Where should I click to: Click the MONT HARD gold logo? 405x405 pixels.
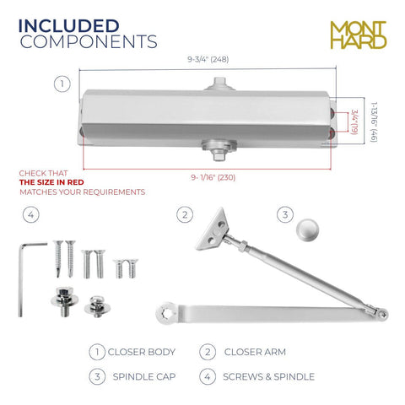coord(359,35)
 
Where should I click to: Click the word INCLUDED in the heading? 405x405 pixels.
coord(68,26)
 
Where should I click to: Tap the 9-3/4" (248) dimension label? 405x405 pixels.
coord(208,59)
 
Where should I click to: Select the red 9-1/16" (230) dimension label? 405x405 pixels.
coord(213,177)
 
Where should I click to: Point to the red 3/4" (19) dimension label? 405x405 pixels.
coord(354,121)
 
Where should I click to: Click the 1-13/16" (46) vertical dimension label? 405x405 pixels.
coord(374,122)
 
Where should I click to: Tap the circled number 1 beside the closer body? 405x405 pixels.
coord(62,84)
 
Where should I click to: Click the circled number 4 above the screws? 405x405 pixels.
coord(31,215)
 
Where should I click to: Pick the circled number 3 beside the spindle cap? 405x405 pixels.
coord(285,215)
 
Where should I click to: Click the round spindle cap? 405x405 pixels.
coord(307,229)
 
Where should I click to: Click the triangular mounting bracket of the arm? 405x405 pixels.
coord(212,229)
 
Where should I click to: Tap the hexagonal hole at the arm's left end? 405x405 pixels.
coord(168,312)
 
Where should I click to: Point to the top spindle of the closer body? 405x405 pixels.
coord(219,84)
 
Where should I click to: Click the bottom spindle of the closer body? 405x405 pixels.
coord(219,150)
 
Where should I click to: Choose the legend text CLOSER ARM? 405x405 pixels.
coord(255,352)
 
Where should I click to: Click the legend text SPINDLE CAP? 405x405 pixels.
coord(144,376)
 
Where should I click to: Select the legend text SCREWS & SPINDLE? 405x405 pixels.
coord(268,376)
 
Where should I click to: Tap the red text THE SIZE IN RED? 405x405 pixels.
coord(51,182)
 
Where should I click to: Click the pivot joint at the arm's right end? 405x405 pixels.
coord(381,314)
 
